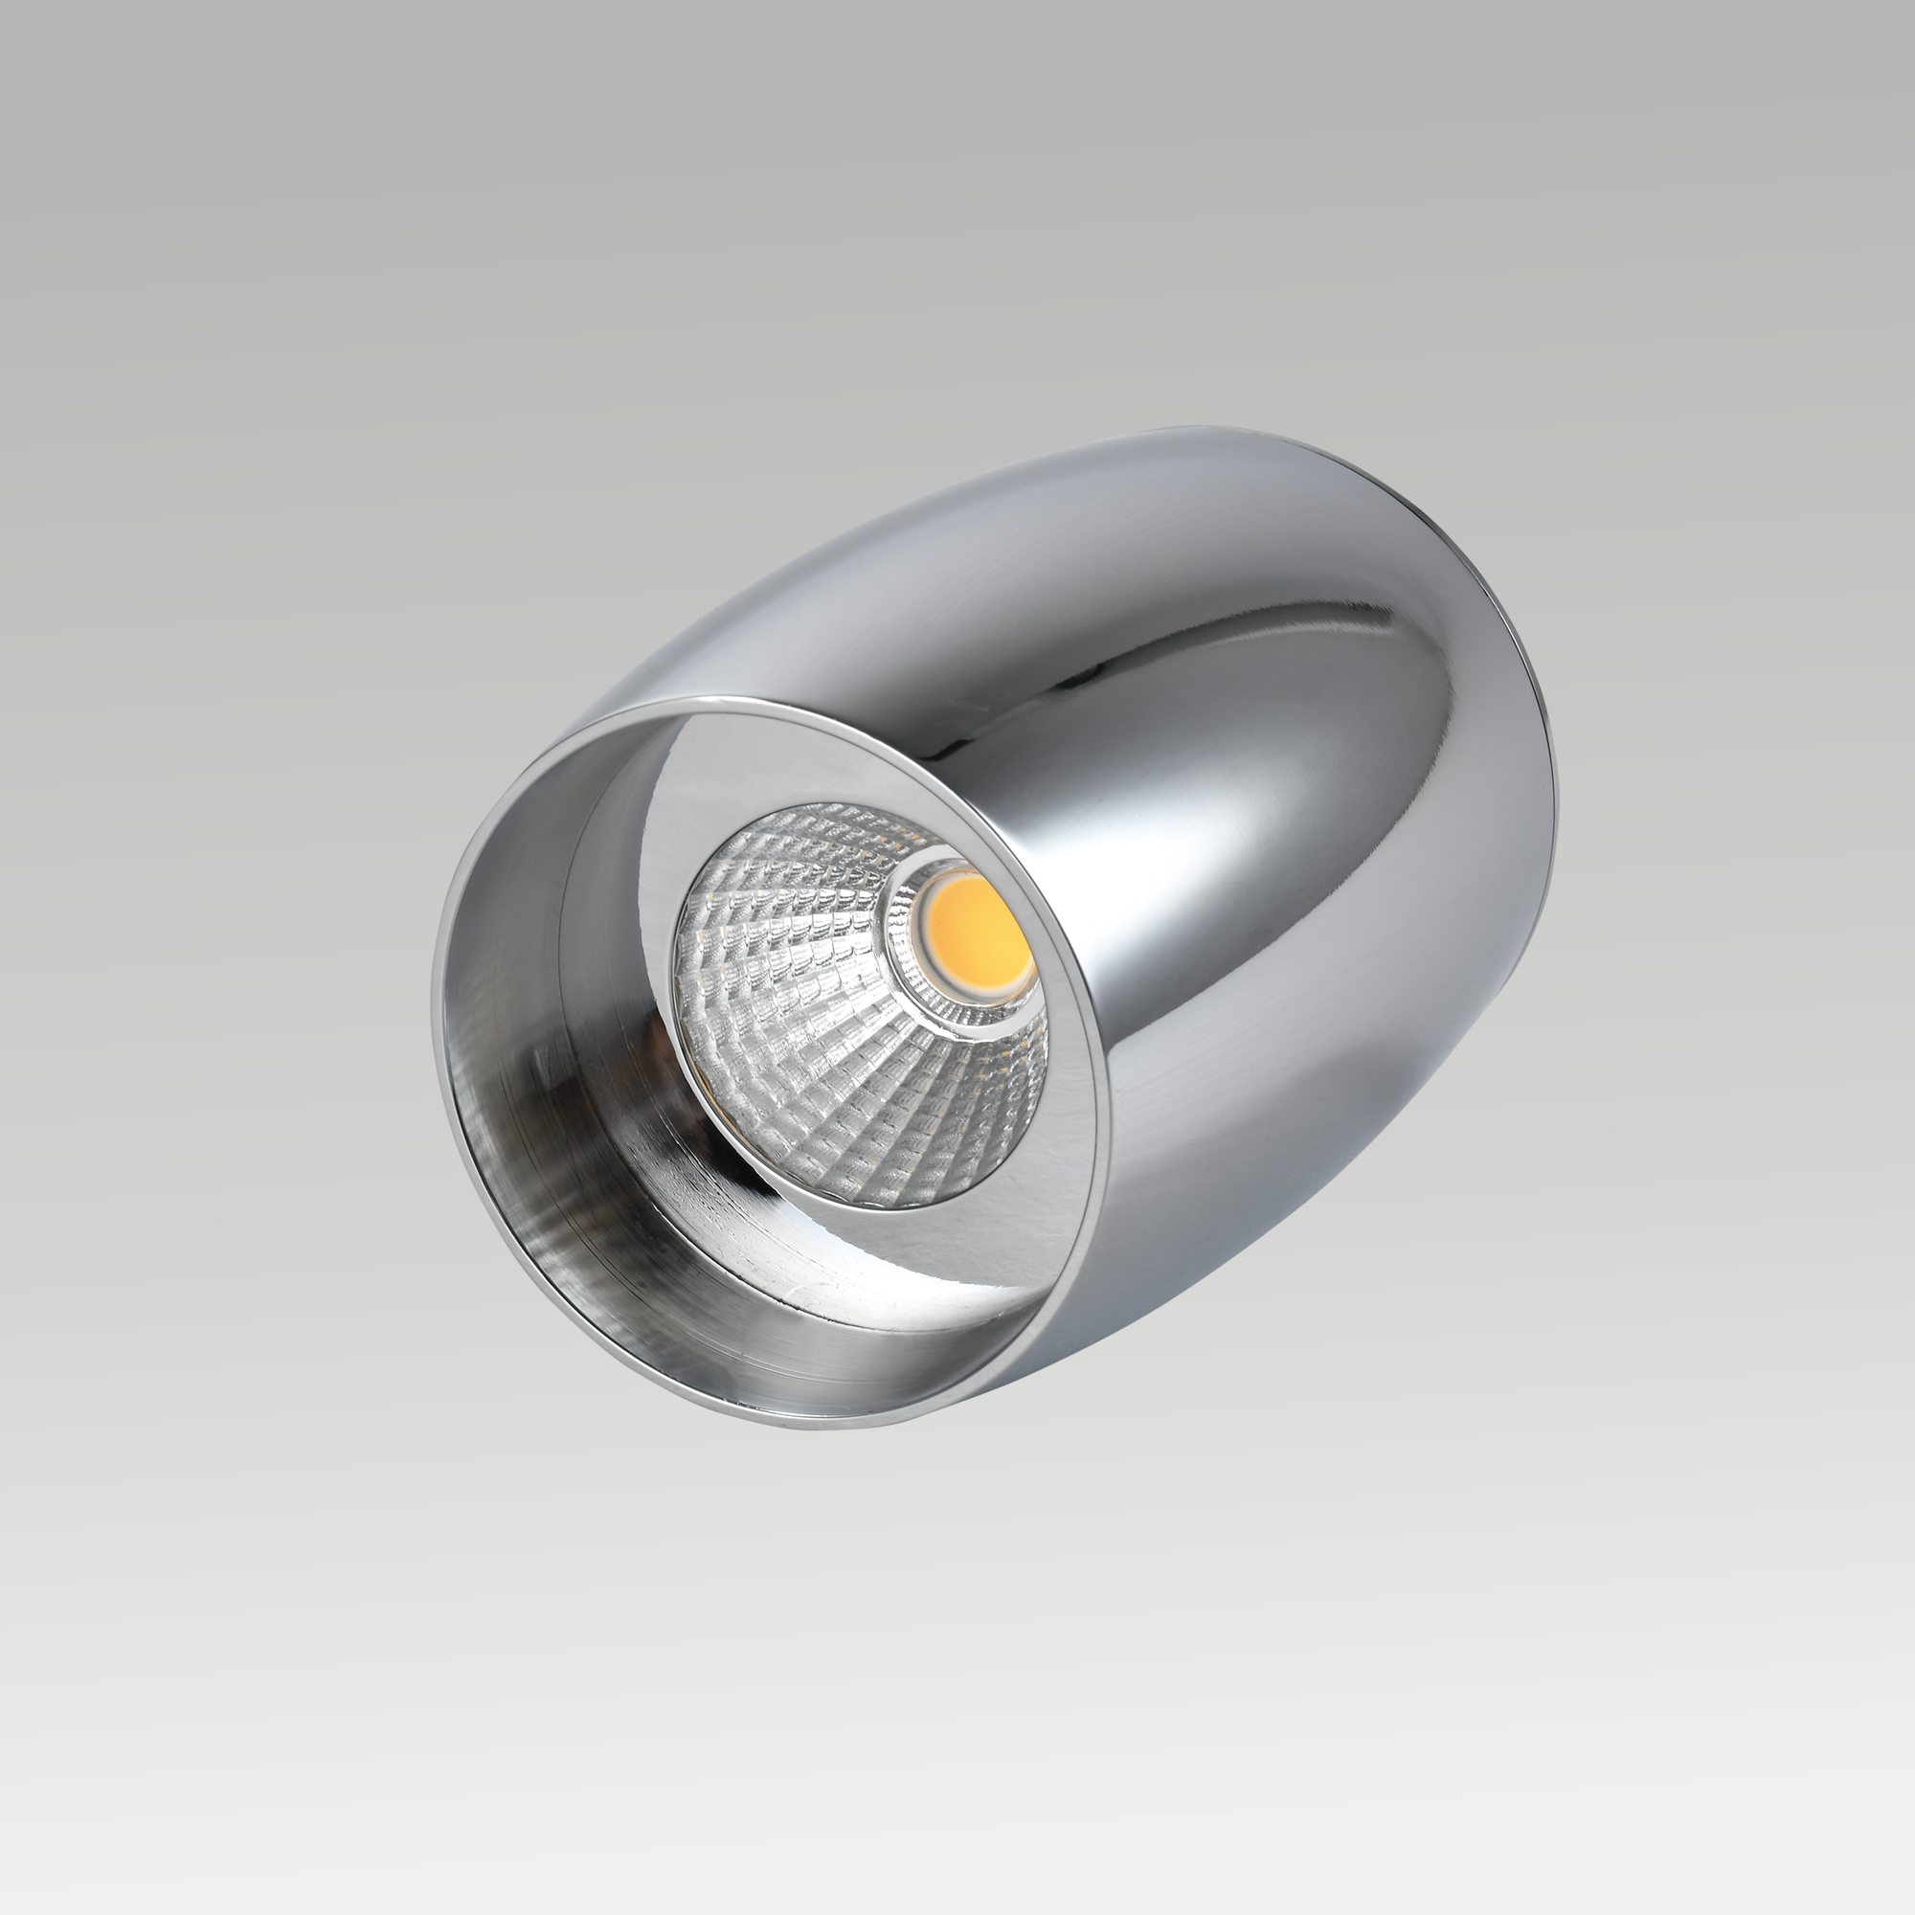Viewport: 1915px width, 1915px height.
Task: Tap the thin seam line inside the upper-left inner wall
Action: point(574,872)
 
